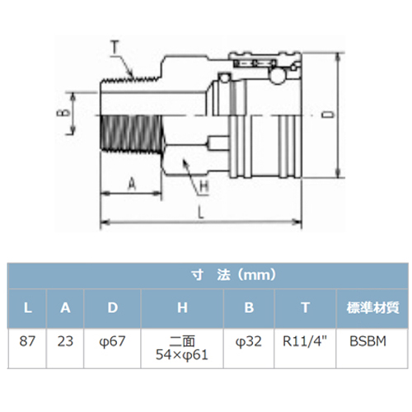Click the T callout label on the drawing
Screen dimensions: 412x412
click(115, 47)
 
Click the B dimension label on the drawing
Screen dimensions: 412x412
click(63, 113)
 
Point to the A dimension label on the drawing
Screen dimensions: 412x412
click(132, 184)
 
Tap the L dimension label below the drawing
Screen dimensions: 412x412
click(201, 213)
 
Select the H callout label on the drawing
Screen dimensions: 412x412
click(204, 187)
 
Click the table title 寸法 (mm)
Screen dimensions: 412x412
click(234, 275)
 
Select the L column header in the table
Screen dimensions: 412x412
click(27, 308)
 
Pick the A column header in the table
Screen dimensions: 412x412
click(65, 308)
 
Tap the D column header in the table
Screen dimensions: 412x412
click(113, 308)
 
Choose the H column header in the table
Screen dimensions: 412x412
click(182, 308)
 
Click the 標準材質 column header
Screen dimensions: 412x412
click(372, 308)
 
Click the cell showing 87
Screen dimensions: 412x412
click(27, 341)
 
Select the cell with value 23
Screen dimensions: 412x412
click(65, 341)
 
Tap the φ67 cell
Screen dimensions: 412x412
click(112, 342)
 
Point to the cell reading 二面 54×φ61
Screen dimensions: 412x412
click(182, 349)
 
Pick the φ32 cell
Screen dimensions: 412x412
click(249, 342)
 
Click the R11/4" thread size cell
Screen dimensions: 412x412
click(305, 341)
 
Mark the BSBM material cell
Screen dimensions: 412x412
click(368, 341)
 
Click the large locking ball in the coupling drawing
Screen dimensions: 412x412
click(278, 76)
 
